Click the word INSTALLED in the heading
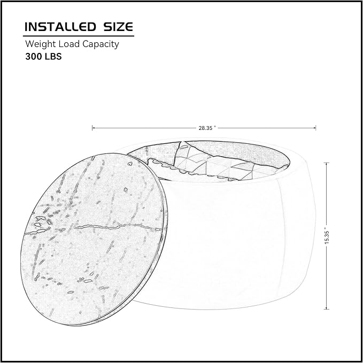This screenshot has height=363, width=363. tap(60, 27)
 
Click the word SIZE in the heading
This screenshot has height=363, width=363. tap(118, 27)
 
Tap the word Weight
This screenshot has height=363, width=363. tap(41, 44)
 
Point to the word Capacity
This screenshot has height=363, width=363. tap(101, 44)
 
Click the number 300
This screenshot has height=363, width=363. tap(34, 57)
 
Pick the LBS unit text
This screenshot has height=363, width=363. tap(53, 57)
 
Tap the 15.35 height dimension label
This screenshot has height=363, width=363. tap(327, 237)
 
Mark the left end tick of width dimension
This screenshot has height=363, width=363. tap(92, 128)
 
